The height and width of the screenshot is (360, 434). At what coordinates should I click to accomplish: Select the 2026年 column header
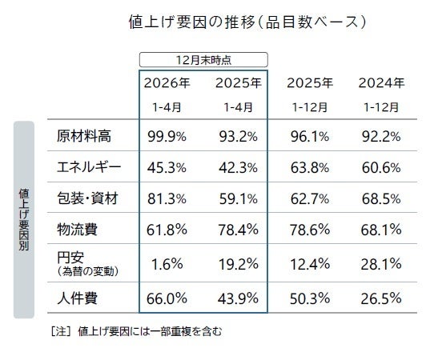(168, 82)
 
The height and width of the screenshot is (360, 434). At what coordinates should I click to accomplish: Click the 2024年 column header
(381, 82)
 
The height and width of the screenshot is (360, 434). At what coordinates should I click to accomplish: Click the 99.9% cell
(168, 135)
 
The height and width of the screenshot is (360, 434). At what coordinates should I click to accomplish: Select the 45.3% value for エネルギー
(168, 168)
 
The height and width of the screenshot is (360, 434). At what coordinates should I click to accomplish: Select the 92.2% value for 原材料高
(380, 135)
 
